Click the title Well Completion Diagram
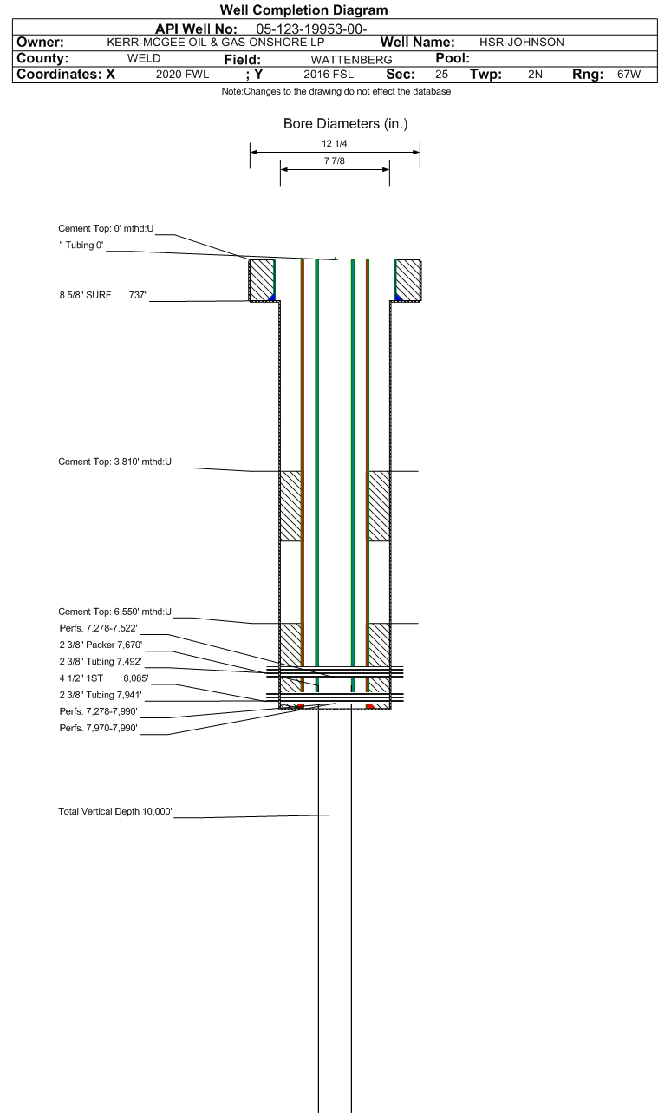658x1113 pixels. (x=304, y=10)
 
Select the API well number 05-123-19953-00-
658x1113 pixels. (x=311, y=29)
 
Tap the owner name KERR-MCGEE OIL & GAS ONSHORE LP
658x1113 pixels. (x=216, y=43)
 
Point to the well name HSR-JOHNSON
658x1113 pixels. (x=521, y=43)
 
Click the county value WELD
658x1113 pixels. (x=144, y=58)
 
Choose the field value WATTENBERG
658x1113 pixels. (x=352, y=60)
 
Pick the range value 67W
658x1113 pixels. (x=629, y=75)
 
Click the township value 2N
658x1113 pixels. (x=536, y=75)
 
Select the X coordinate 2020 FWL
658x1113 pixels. (x=182, y=75)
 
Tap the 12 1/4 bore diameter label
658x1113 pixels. (x=335, y=144)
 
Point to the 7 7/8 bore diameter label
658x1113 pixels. (x=335, y=161)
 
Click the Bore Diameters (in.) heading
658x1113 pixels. (x=346, y=124)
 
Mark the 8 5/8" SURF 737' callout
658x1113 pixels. (x=103, y=295)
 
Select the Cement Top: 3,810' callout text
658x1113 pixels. (x=114, y=462)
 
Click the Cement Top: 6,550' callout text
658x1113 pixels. (x=114, y=612)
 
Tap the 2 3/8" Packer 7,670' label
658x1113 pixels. (x=101, y=645)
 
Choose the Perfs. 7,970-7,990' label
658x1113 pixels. (x=98, y=728)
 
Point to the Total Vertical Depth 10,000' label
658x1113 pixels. (x=115, y=811)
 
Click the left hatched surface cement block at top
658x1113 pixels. (x=262, y=280)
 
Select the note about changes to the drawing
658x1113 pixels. (x=336, y=91)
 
